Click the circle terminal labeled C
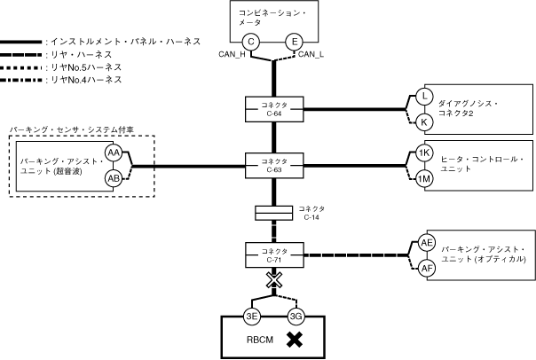click(x=250, y=42)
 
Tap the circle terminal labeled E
click(x=294, y=42)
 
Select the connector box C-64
click(x=272, y=108)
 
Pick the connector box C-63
click(x=272, y=165)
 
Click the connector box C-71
click(x=272, y=255)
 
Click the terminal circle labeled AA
click(x=114, y=153)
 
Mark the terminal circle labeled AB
click(x=114, y=178)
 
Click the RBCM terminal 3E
click(x=251, y=316)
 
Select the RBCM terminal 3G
click(x=295, y=316)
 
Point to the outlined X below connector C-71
click(x=272, y=281)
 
